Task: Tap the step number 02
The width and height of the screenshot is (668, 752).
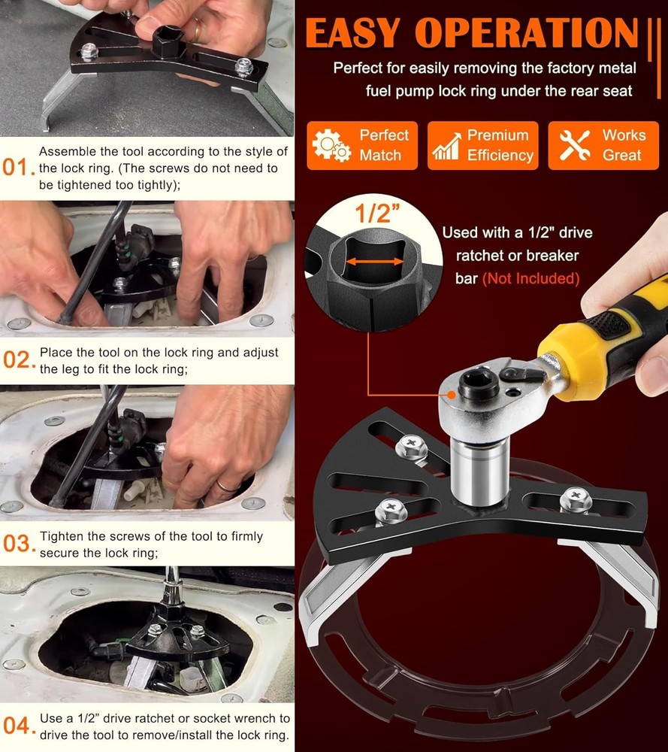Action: tap(16, 360)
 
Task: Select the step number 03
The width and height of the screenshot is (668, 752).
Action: tap(16, 543)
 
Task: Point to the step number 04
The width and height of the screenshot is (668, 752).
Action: tap(16, 726)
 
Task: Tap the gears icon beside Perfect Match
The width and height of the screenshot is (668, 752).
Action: tap(331, 145)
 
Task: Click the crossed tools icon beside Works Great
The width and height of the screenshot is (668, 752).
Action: tap(574, 145)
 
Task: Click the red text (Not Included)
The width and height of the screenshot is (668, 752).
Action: tap(530, 279)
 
